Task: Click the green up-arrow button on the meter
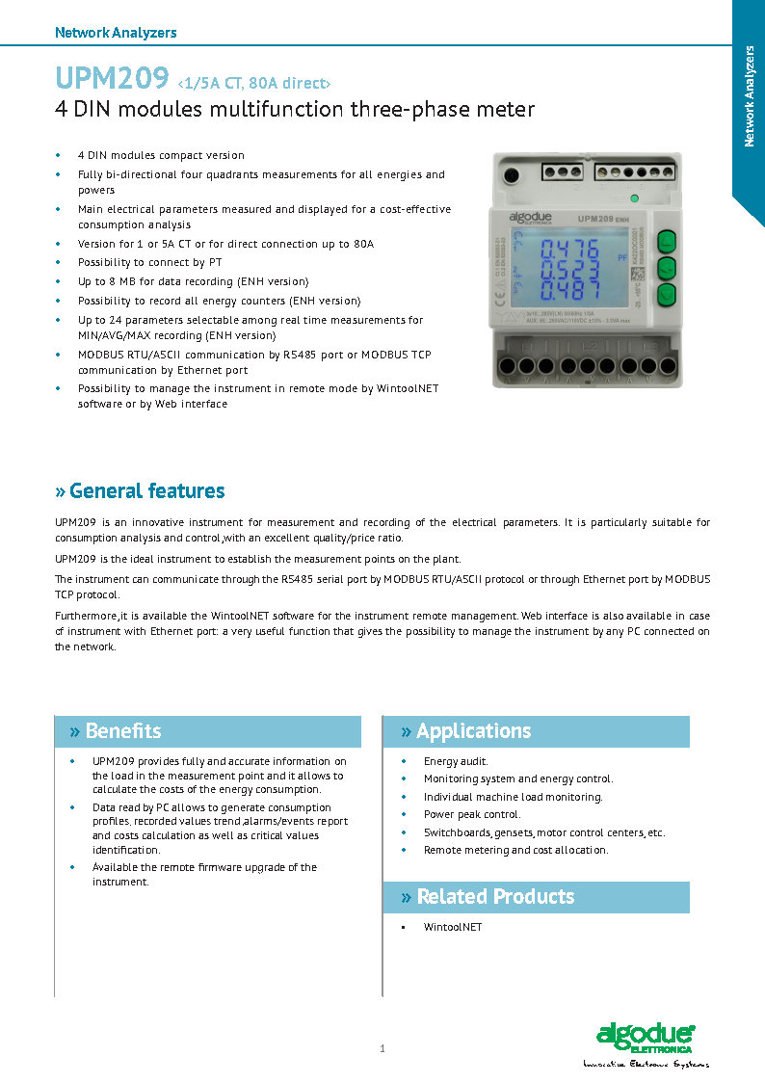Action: coord(666,241)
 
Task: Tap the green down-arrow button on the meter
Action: coord(666,295)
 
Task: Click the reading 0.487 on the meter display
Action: coord(569,291)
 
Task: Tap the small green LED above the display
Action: coord(635,198)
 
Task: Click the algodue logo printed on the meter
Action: coord(531,219)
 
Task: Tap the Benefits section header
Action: coord(123,731)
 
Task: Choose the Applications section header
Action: coord(473,731)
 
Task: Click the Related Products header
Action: coord(494,897)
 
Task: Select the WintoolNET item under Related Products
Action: coord(452,927)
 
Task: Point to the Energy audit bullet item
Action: coord(456,761)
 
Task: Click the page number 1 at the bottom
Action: coord(382,1048)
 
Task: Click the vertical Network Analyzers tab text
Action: coord(750,96)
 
